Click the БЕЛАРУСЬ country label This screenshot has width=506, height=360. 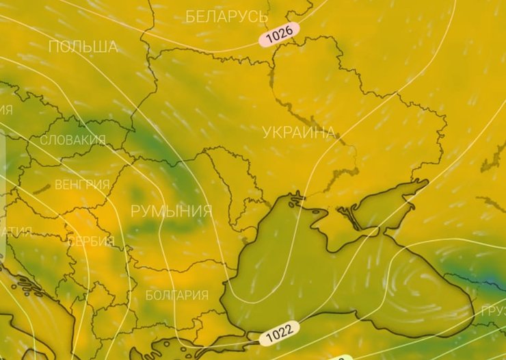coord(226,16)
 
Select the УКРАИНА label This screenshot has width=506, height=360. coord(299,132)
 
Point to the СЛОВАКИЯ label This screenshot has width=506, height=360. coord(72,140)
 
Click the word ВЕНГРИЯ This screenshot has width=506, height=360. coord(82,185)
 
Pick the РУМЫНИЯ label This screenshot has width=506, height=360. coord(171,211)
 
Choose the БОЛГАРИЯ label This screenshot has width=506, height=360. coord(177,296)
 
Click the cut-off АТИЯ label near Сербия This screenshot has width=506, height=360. coord(16,232)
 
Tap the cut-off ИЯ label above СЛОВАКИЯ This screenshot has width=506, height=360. coord(6,110)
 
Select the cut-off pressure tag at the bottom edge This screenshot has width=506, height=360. coord(338,357)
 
